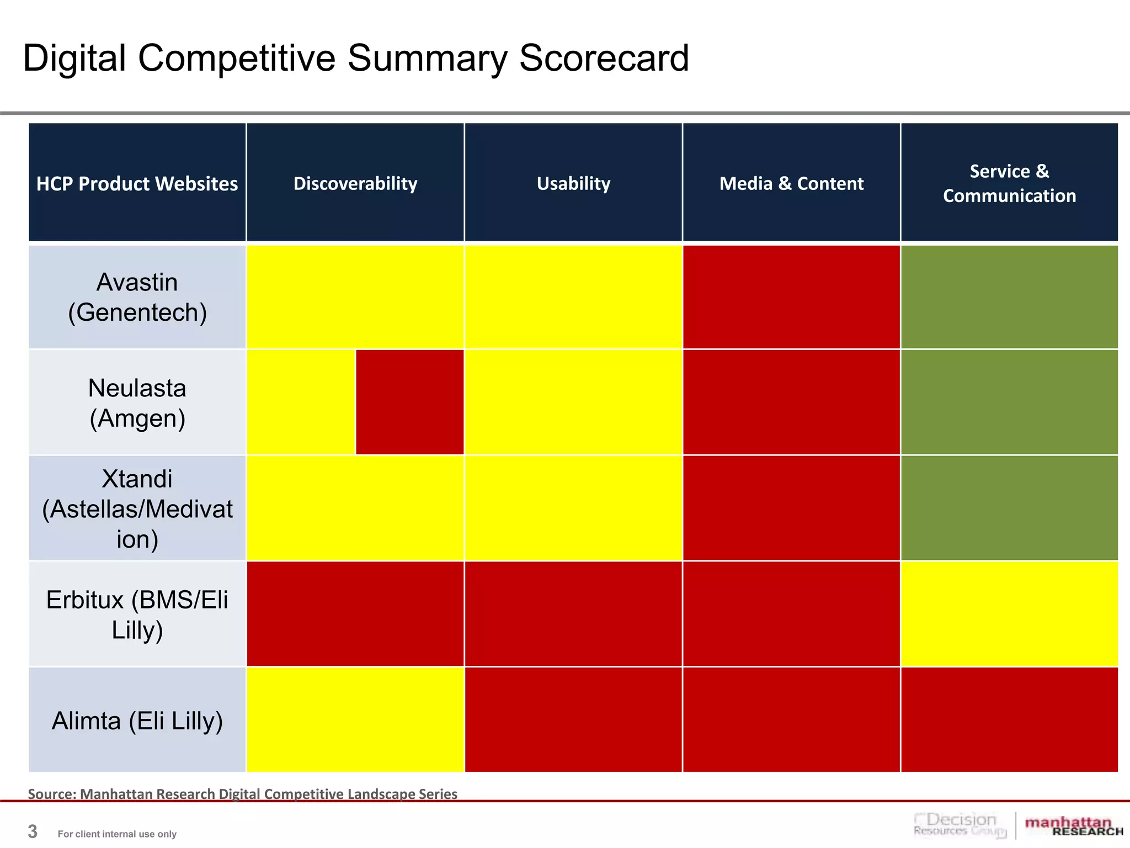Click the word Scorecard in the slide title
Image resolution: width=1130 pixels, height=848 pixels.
(604, 59)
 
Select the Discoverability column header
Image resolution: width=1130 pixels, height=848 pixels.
(355, 183)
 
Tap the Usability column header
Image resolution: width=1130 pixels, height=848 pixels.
(573, 183)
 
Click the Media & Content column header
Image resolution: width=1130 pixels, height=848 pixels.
(791, 183)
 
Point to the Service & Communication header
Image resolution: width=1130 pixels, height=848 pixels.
(1009, 183)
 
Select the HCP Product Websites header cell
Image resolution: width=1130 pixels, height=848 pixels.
(137, 184)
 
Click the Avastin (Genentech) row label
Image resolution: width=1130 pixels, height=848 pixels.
(137, 297)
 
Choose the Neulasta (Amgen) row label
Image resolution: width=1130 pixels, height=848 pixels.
(137, 402)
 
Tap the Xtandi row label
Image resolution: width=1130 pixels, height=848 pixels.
(137, 508)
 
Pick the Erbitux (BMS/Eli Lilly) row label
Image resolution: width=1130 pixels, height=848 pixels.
(137, 614)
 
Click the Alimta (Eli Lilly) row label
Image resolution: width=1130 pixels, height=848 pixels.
(137, 720)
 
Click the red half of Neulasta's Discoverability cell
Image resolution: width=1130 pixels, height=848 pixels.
(409, 402)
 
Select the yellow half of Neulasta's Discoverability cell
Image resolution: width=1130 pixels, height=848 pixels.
(301, 402)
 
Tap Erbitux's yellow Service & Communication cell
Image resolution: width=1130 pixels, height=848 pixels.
(1009, 614)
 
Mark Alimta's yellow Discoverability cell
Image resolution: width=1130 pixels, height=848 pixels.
(355, 719)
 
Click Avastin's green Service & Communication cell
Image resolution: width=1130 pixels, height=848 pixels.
(1009, 297)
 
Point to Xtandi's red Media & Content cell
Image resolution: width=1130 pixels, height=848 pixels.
(791, 508)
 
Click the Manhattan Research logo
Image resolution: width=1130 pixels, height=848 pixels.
(1073, 826)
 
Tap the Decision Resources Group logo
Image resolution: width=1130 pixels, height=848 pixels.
(960, 825)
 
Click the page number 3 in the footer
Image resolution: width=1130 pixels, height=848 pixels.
(33, 831)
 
